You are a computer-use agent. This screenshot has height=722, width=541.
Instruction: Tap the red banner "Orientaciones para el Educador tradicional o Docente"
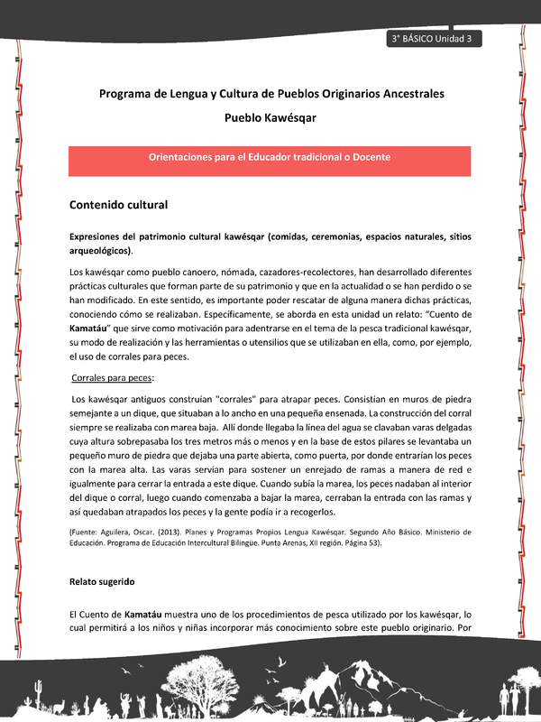270,157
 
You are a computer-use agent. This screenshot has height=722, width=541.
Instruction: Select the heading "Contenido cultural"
118,205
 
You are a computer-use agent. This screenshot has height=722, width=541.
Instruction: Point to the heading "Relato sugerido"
102,582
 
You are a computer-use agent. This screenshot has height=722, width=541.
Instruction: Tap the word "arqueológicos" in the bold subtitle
98,250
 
